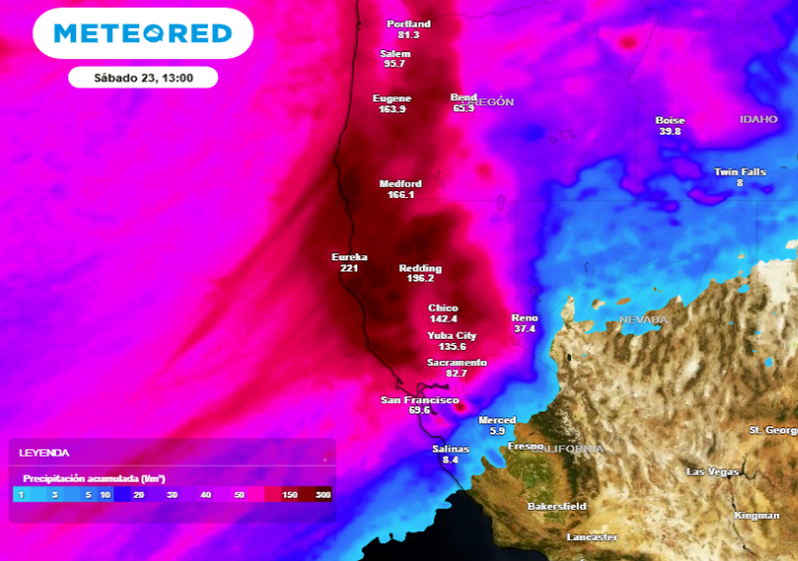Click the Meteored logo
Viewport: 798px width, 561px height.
click(x=143, y=33)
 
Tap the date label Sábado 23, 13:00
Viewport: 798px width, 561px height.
click(x=143, y=78)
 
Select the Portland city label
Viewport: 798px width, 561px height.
click(x=408, y=24)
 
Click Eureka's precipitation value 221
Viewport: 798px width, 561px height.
click(x=349, y=268)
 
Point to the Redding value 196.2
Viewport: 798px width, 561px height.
click(x=420, y=279)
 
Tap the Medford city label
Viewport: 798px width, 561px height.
click(x=400, y=184)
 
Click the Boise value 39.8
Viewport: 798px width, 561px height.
click(x=670, y=132)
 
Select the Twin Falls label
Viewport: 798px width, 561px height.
click(x=740, y=172)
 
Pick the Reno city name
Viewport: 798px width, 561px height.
click(x=524, y=318)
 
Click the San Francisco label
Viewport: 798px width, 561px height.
click(x=420, y=400)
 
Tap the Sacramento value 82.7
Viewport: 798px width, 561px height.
click(x=456, y=373)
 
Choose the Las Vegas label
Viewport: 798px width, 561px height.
click(x=712, y=472)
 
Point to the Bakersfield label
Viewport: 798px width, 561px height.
click(x=557, y=507)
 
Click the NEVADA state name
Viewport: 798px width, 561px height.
click(x=643, y=320)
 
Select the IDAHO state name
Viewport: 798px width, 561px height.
click(x=758, y=119)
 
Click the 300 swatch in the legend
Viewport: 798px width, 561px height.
click(x=322, y=495)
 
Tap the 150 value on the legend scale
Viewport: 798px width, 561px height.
click(x=289, y=495)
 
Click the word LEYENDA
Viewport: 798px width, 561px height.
click(x=44, y=453)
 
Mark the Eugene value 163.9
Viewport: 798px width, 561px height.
click(x=392, y=109)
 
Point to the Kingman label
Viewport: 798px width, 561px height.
click(x=756, y=515)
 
